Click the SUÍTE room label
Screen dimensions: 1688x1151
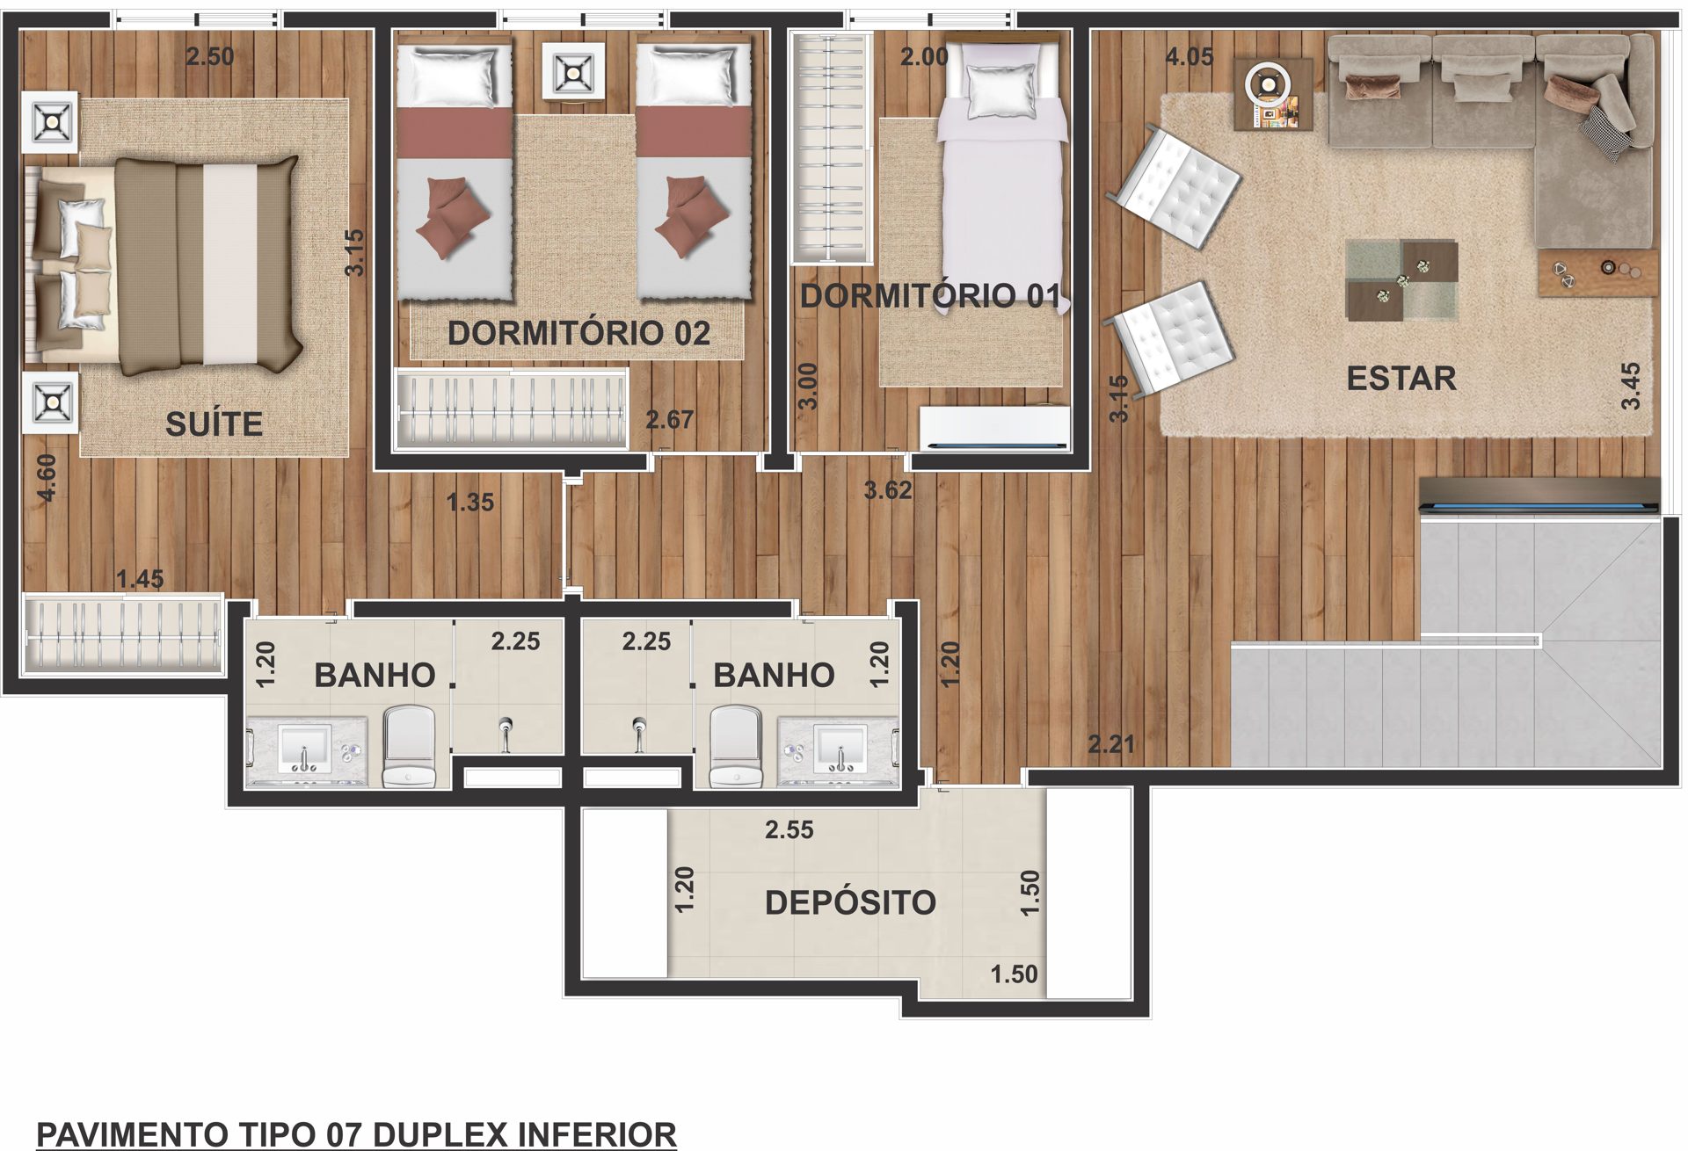point(214,424)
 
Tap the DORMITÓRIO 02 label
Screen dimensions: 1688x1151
point(578,333)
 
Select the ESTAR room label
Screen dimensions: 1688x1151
point(1401,379)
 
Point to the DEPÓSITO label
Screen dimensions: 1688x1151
point(850,902)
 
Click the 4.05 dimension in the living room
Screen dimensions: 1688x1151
point(1190,57)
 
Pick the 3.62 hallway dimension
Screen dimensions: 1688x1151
point(888,490)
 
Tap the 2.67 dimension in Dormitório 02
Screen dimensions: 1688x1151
point(670,420)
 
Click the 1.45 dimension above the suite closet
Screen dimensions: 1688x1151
point(141,579)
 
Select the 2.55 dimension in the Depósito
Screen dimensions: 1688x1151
point(789,829)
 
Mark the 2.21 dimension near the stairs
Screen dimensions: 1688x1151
point(1111,745)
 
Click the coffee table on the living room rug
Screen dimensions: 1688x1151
point(1401,280)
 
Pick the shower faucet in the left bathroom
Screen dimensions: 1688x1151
point(506,733)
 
